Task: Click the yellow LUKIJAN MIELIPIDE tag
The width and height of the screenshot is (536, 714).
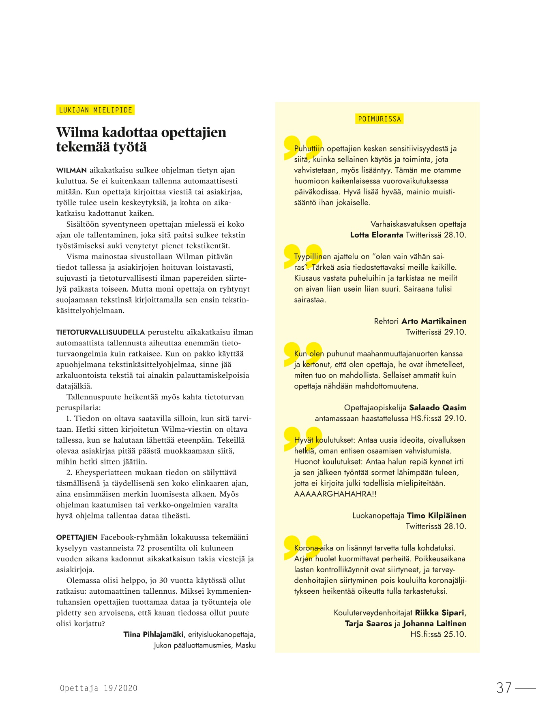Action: (95, 110)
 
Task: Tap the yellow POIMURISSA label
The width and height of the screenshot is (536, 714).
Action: (379, 119)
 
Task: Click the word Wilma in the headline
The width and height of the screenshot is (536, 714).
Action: (77, 132)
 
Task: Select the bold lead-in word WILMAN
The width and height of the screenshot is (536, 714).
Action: (71, 171)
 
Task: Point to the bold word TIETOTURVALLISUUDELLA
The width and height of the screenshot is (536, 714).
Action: (100, 332)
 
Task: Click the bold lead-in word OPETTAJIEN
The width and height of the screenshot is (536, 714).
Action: (77, 537)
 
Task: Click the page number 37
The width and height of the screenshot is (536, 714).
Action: (504, 688)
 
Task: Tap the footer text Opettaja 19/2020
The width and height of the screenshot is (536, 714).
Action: (99, 688)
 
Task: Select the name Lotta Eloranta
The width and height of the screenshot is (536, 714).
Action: (376, 235)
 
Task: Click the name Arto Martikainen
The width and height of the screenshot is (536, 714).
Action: (433, 321)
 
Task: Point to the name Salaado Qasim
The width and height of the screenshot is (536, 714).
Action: (437, 407)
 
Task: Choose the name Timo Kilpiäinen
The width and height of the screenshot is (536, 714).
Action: (436, 516)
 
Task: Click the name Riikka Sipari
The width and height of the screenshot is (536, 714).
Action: (439, 613)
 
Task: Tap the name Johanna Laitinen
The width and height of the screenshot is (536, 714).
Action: (434, 623)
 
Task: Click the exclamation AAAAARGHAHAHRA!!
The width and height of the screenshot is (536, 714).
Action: (335, 494)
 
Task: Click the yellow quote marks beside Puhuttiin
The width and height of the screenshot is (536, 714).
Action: (302, 147)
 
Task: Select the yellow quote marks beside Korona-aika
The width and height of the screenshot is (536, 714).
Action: (302, 547)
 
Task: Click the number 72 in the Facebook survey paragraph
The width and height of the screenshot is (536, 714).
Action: (141, 548)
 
